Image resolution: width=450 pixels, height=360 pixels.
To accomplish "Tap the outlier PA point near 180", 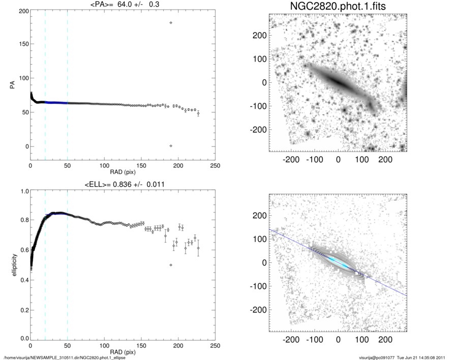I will point(171,23).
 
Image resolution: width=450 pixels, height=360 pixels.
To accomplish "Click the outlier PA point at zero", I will point(171,146).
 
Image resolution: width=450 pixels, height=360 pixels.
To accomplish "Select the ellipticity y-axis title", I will point(11,265).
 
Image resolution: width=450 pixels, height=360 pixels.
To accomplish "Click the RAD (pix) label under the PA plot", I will point(123,172).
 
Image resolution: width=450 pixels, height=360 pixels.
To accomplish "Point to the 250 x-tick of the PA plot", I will point(215,166).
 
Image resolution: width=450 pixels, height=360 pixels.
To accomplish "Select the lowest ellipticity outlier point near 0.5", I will point(171,265).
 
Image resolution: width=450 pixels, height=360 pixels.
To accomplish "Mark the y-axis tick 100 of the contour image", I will point(259,239).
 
